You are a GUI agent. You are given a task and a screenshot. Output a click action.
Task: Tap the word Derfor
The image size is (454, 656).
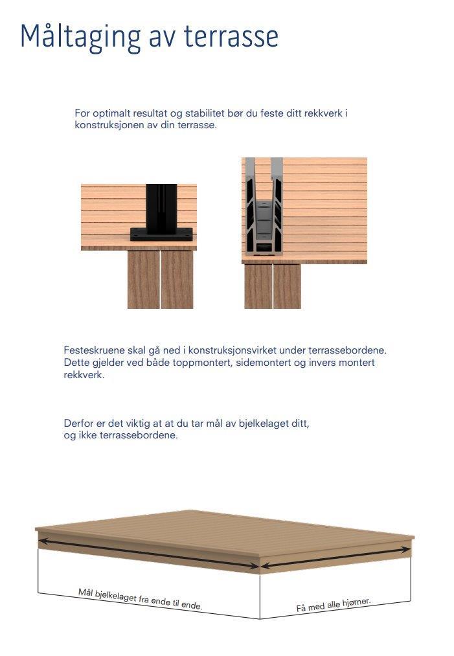[x=79, y=424]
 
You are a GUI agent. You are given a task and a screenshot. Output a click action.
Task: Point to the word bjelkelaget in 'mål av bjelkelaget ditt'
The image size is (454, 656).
[x=262, y=424]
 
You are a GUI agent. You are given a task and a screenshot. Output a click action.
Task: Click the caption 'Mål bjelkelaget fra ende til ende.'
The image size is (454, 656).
[x=140, y=600]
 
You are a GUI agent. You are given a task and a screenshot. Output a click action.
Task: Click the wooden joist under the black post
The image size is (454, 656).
[x=160, y=279]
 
